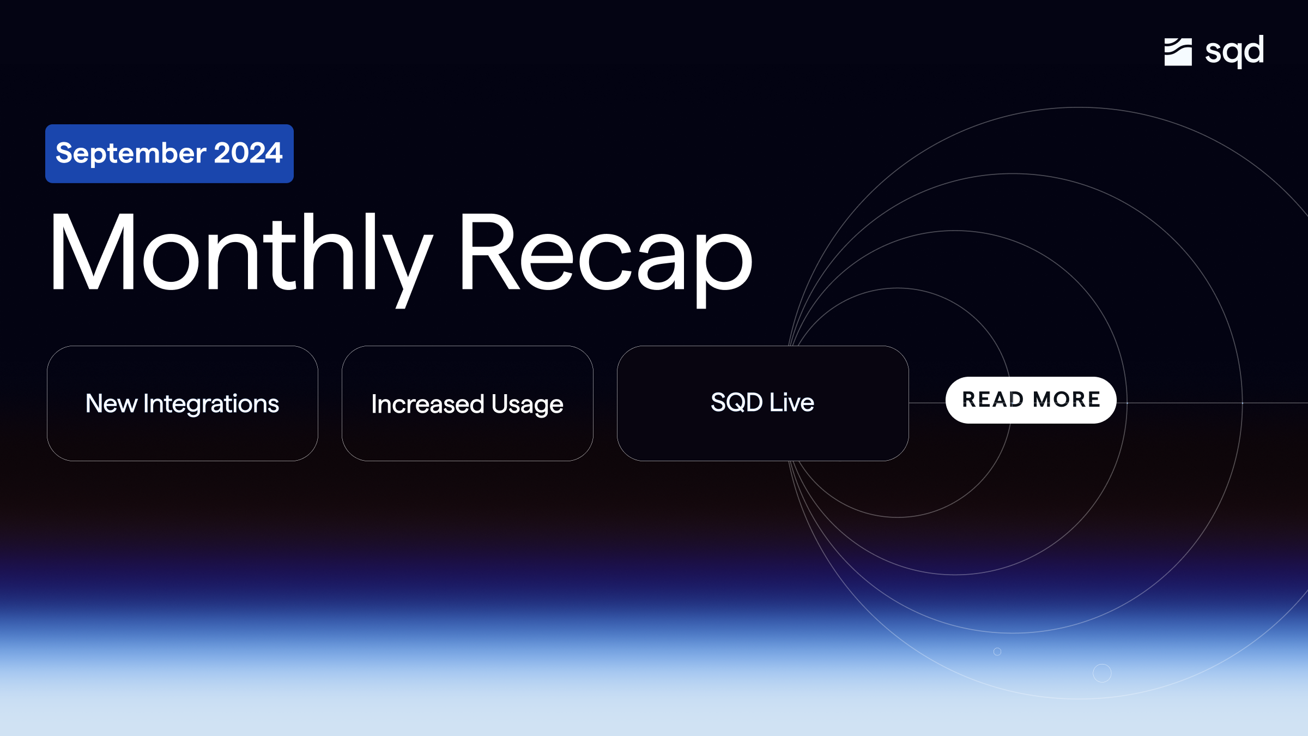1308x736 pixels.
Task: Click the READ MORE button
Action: (1031, 400)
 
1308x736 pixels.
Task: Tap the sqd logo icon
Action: (1178, 52)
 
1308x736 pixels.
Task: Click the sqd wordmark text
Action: (1234, 51)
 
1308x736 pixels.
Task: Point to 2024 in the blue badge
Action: (248, 153)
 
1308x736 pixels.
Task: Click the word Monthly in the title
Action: (240, 254)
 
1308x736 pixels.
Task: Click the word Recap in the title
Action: (605, 254)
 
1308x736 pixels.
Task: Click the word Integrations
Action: (211, 404)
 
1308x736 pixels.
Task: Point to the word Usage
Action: (527, 405)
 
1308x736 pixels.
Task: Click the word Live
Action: (791, 402)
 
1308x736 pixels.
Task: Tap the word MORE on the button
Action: (1067, 400)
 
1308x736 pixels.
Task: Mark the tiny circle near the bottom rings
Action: (997, 651)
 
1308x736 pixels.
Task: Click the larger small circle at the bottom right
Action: (1102, 673)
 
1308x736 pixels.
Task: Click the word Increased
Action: (427, 405)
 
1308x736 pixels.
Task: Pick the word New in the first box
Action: (111, 404)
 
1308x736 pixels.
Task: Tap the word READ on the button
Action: (992, 400)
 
